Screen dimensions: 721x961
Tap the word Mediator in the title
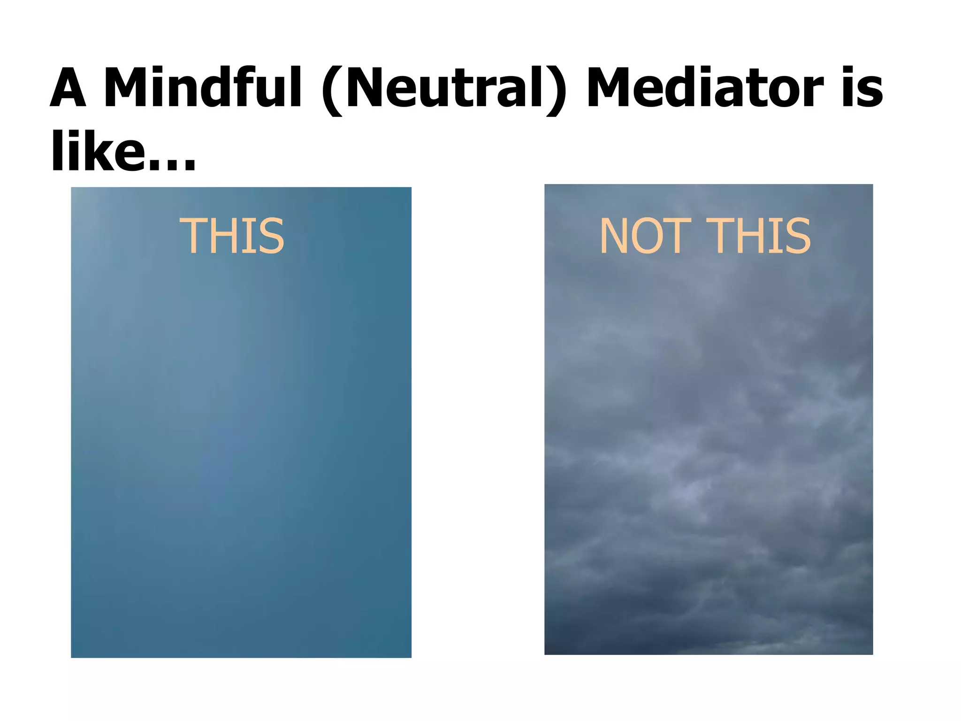(705, 88)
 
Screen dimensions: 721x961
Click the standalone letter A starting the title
(68, 88)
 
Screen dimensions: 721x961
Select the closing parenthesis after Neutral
(557, 90)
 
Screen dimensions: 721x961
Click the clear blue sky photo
(241, 446)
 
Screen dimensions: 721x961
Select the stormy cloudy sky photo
(708, 446)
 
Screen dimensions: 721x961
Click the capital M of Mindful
(124, 88)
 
